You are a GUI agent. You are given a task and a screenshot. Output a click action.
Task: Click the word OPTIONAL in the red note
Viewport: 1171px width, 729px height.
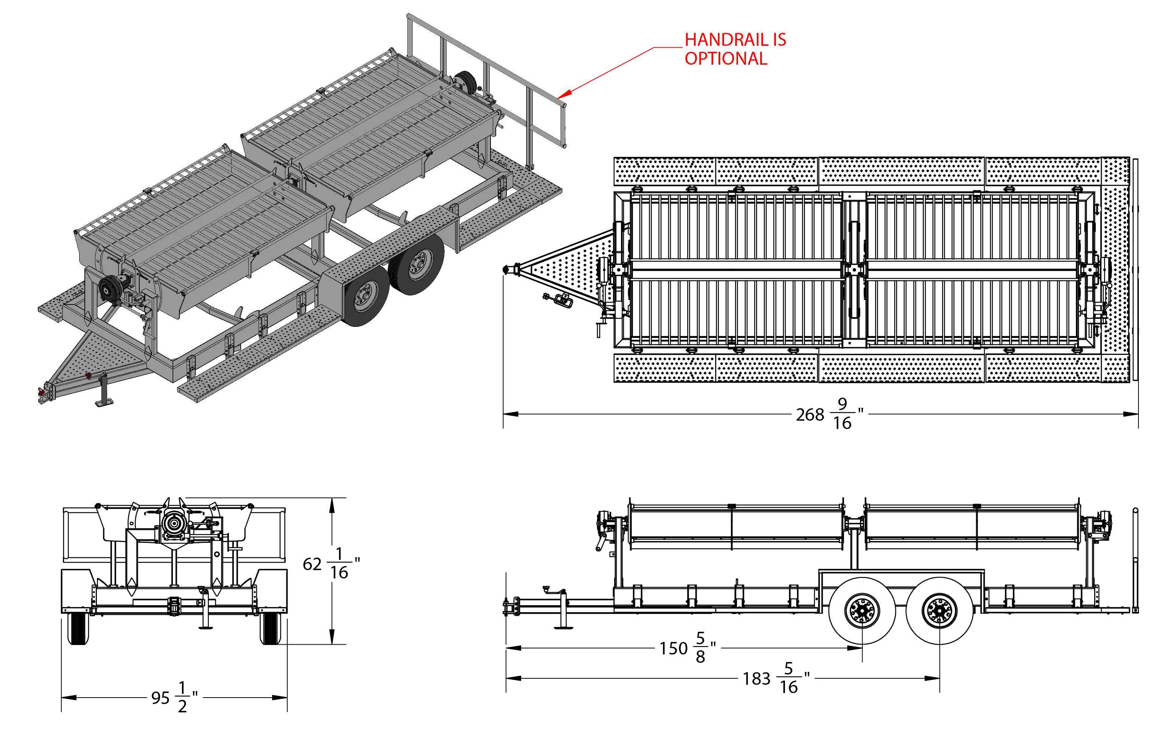726,59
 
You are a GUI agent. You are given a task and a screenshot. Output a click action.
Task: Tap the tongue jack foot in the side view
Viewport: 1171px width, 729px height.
563,627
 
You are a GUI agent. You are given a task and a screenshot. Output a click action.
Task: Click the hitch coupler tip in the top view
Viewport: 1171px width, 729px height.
506,269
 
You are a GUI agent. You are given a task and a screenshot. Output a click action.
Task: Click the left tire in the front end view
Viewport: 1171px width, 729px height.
78,628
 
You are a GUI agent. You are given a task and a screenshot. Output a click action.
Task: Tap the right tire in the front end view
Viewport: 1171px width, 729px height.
270,628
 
